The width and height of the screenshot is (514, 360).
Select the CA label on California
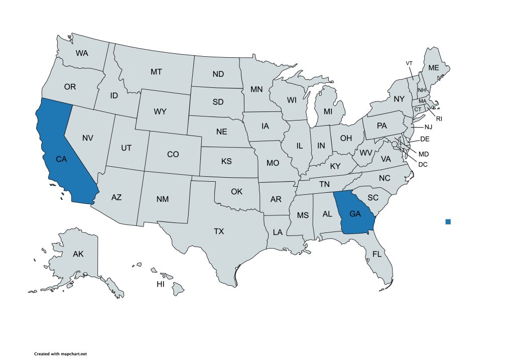pos(61,159)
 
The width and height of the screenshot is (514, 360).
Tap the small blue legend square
pos(448,221)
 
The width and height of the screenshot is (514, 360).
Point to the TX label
pos(219,231)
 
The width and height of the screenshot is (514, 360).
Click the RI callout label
pos(439,119)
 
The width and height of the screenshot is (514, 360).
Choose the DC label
pos(423,164)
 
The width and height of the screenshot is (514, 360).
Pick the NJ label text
pos(429,127)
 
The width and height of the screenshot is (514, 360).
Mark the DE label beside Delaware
pos(424,139)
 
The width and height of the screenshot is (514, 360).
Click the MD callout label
pos(424,154)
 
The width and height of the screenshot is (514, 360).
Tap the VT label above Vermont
pos(409,63)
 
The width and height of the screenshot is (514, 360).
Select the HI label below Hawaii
pos(161,284)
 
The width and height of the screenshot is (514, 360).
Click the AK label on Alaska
pos(78,254)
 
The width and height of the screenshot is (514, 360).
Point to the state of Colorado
pos(173,154)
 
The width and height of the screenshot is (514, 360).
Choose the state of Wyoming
pos(160,111)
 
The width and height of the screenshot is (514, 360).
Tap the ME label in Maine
pos(433,68)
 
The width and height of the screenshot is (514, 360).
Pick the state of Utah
pos(126,148)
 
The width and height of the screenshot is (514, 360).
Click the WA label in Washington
pos(82,53)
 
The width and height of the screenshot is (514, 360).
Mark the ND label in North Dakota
pos(218,74)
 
